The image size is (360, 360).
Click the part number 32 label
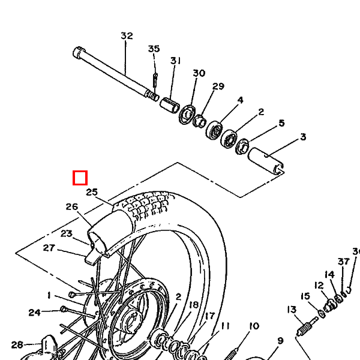coord(127,35)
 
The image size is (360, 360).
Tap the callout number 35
coord(154,49)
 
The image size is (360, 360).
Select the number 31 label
coord(175,61)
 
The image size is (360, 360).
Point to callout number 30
coord(199,73)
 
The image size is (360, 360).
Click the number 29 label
coord(218,86)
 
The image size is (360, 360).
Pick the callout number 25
coord(92,192)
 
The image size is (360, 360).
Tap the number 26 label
coord(72,206)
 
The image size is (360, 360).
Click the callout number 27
coord(49,248)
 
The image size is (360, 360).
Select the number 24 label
coord(34,312)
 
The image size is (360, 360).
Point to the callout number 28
coord(17,344)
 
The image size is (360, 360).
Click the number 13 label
coord(292,310)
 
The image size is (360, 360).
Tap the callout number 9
coord(280,341)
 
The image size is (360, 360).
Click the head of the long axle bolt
coord(79,52)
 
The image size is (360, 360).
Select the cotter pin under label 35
coord(155,80)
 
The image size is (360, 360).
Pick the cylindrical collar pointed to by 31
coord(169,105)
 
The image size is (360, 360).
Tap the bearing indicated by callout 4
coord(214,130)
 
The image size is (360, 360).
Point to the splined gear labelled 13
coord(304,329)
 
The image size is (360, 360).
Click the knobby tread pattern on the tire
coord(147,205)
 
